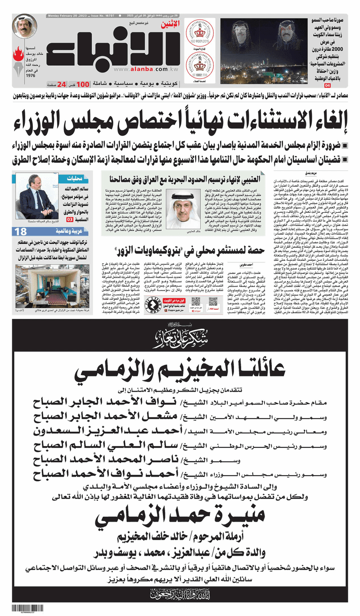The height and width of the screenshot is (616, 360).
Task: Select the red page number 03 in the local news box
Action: pyautogui.click(x=70, y=220)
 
